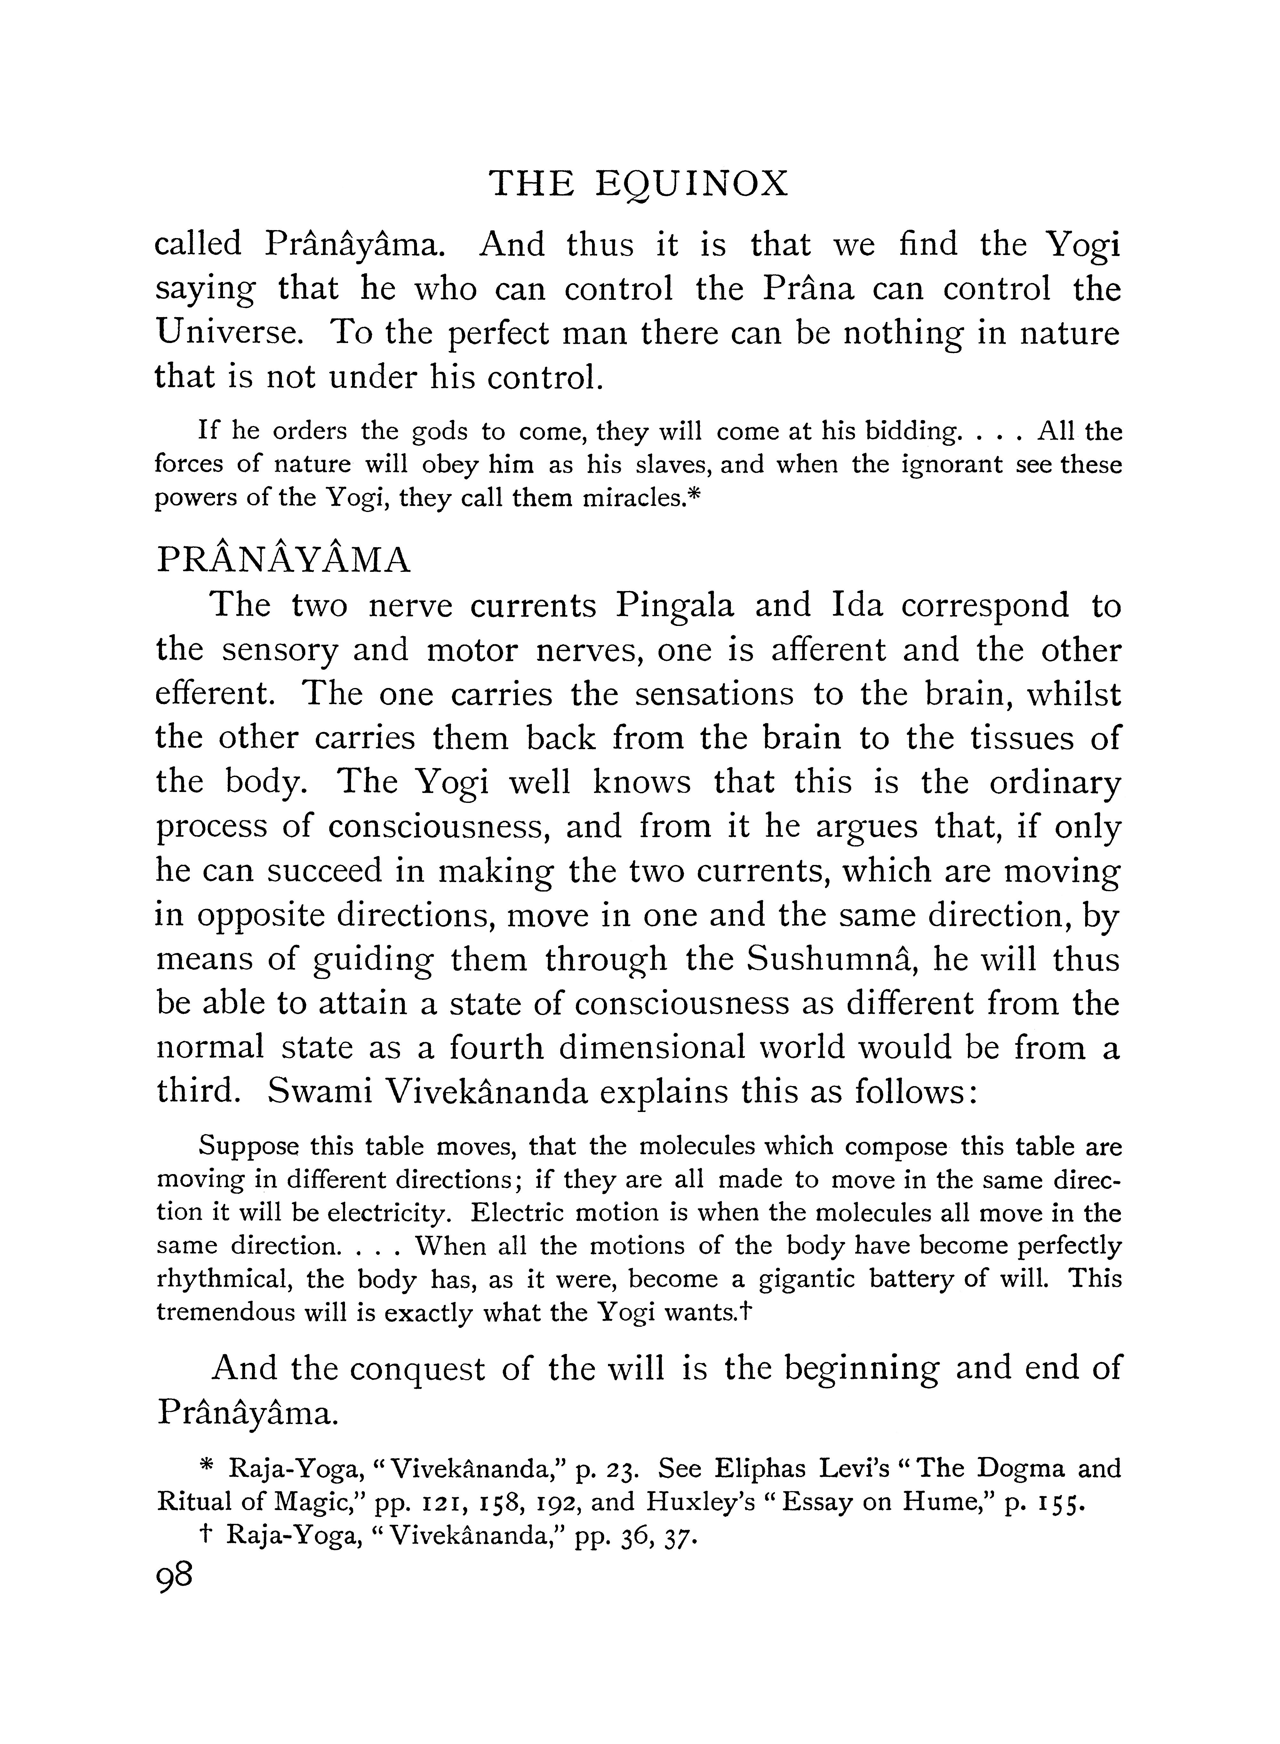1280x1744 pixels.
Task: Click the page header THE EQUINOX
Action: (639, 184)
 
